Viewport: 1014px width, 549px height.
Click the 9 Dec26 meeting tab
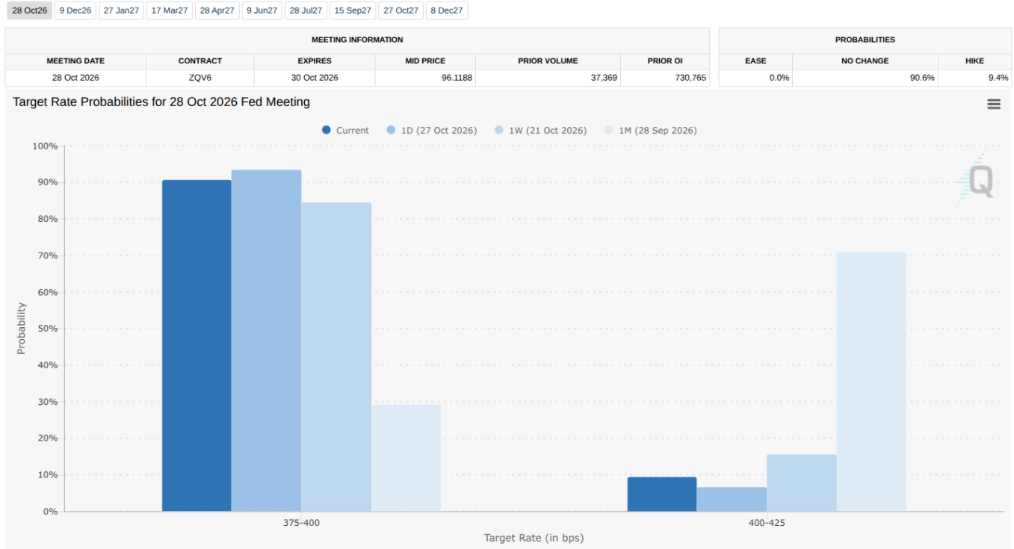(75, 10)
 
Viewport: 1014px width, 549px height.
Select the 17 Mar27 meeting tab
(170, 10)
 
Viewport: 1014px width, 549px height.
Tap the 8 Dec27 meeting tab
(446, 10)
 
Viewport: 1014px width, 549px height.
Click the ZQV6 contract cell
(200, 78)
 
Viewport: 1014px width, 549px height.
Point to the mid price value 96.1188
(457, 78)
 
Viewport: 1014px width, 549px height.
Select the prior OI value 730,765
(690, 78)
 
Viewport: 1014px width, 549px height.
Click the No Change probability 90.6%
(922, 78)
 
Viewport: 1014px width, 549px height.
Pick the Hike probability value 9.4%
(998, 78)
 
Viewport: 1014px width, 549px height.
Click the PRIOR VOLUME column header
(548, 61)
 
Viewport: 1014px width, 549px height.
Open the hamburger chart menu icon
(994, 104)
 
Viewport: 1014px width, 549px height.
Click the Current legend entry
(345, 131)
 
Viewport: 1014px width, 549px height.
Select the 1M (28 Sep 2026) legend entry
(651, 131)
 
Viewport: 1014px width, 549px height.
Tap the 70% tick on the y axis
(48, 255)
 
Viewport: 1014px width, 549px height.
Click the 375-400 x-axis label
(301, 523)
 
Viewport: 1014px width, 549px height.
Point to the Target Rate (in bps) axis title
(534, 538)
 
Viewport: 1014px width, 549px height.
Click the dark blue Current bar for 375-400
(197, 346)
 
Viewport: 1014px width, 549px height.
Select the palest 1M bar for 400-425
(871, 382)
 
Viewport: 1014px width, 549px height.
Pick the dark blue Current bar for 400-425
(662, 494)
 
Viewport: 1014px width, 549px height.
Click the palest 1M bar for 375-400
(406, 458)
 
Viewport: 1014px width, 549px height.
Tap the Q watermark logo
(976, 181)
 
